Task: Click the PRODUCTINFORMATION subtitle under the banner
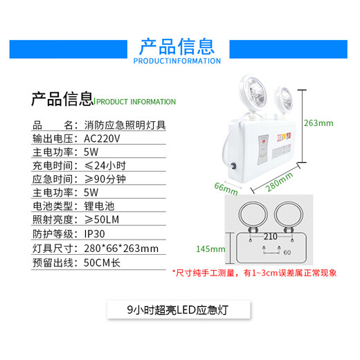point(177,61)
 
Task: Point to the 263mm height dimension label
point(319,123)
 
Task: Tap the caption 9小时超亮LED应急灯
point(178,309)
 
